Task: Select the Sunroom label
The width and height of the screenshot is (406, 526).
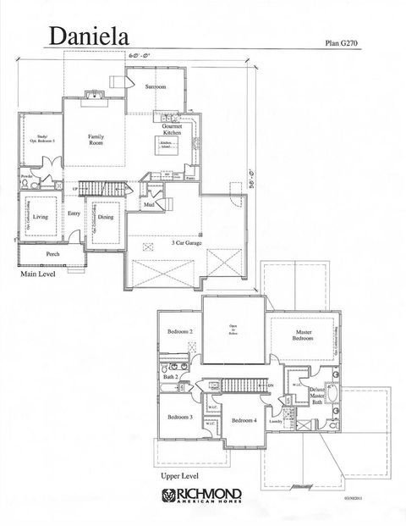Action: tap(155, 87)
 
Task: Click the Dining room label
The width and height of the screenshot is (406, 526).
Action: tap(106, 217)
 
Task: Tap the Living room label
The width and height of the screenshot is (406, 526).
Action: tap(40, 218)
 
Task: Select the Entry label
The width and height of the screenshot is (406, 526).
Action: tap(74, 213)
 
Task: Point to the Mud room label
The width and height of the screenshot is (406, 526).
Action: tap(149, 204)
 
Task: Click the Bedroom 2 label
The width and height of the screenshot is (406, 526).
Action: tap(180, 332)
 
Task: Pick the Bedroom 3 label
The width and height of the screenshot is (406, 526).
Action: tap(180, 417)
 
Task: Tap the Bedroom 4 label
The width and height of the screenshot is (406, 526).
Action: tap(244, 420)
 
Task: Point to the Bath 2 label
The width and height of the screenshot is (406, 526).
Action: tap(171, 376)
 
